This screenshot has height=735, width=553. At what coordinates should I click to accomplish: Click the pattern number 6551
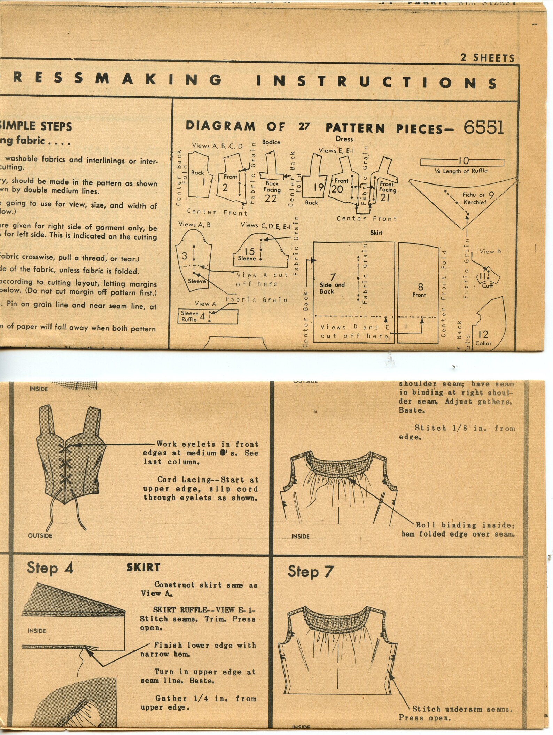pos(483,128)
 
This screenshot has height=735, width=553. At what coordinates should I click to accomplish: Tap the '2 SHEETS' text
pos(487,58)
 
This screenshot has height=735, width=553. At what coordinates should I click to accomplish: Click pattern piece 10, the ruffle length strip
pos(462,162)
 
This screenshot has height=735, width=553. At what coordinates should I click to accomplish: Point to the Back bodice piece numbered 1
pos(198,178)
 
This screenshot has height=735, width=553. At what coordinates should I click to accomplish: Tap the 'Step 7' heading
pos(310,572)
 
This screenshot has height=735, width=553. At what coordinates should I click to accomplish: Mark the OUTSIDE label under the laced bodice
pos(40,535)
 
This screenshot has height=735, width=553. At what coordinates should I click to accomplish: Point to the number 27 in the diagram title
pos(304,126)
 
